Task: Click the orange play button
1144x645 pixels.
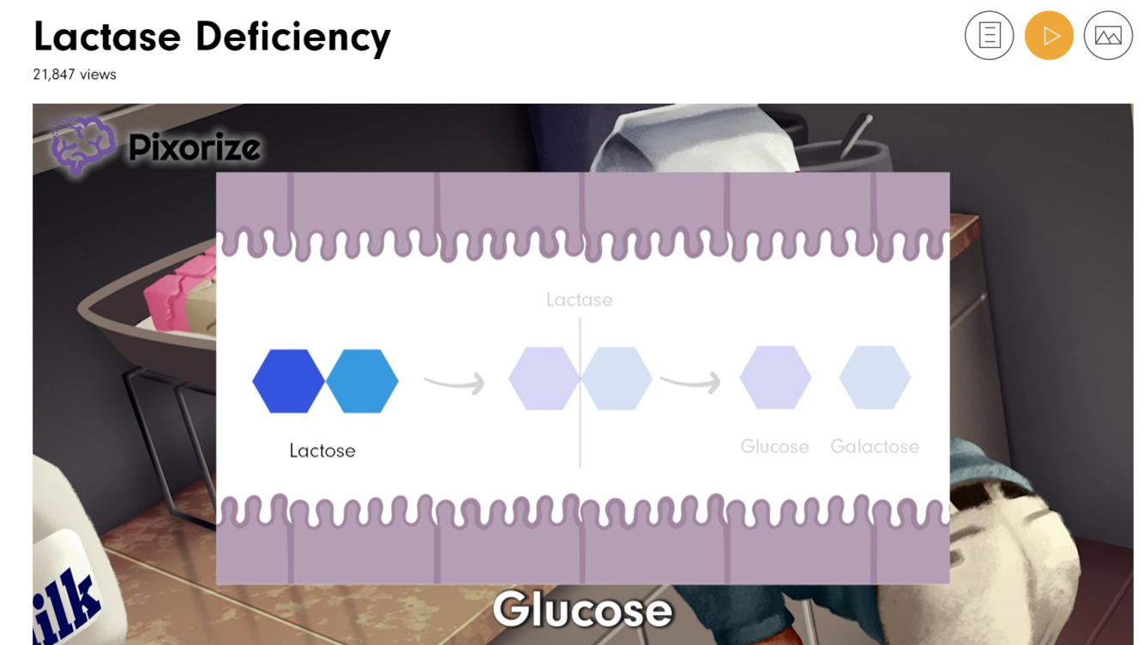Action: (1049, 36)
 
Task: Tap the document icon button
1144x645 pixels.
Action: (989, 36)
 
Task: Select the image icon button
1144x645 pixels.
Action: (1108, 36)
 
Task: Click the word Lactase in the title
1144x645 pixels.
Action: (107, 37)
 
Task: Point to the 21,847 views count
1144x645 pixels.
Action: (75, 75)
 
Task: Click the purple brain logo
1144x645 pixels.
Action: (81, 145)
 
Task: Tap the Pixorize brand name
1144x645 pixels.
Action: (194, 148)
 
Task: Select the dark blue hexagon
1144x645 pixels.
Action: (288, 381)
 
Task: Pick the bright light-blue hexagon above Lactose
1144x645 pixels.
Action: (363, 381)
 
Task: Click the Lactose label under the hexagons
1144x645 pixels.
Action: (322, 451)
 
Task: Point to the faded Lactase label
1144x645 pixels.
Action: (579, 300)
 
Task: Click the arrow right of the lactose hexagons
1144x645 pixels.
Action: (455, 383)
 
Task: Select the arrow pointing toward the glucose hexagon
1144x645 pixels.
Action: (690, 381)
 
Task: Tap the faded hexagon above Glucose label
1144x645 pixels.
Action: (775, 378)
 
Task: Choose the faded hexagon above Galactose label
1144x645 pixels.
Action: (875, 378)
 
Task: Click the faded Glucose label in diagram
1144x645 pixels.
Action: (774, 446)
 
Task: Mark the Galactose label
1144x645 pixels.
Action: (875, 446)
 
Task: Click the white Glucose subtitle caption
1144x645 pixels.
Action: (582, 610)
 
